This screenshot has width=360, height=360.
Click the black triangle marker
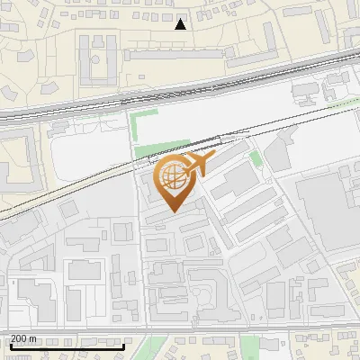[x=181, y=23]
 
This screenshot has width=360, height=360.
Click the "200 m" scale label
[x=24, y=338]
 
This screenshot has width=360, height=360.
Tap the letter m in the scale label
[x=33, y=338]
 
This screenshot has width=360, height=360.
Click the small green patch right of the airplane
[x=256, y=160]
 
